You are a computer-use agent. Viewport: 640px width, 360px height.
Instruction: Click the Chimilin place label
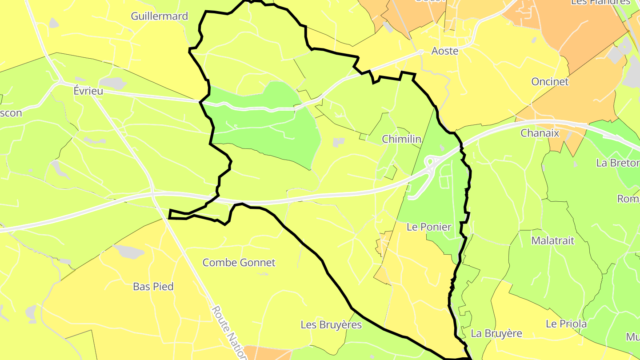[x=401, y=140]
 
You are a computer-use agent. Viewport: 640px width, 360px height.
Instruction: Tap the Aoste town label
[x=445, y=51]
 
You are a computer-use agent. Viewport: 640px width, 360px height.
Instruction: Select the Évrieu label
[x=88, y=91]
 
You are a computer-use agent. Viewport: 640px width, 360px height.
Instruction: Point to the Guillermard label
[x=160, y=16]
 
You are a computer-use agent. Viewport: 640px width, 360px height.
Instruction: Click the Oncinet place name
[x=550, y=82]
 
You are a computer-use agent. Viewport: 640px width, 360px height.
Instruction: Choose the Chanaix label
[x=539, y=133]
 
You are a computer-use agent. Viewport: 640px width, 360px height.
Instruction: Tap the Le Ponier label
[x=429, y=227]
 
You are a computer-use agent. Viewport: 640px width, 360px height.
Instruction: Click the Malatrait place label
[x=553, y=241]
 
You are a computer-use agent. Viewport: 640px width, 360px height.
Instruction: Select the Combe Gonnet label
[x=239, y=263]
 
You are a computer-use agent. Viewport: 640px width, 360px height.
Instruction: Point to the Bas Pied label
[x=153, y=287]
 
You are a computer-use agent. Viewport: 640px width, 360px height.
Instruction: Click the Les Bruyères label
[x=331, y=325]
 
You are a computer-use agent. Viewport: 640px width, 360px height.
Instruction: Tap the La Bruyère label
[x=496, y=333]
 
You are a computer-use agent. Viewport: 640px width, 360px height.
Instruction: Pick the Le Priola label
[x=566, y=324]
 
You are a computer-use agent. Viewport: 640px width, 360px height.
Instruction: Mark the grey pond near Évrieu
[x=113, y=83]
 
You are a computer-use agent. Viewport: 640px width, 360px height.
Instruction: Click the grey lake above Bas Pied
[x=129, y=252]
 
